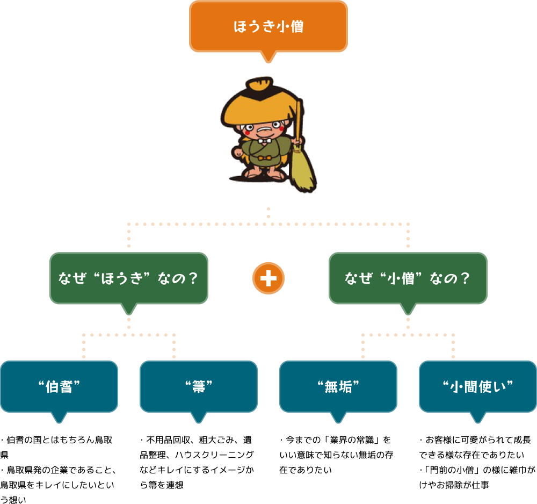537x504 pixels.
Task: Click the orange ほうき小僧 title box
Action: (268, 26)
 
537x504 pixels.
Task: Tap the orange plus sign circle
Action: (268, 278)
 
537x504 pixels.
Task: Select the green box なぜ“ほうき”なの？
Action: (129, 278)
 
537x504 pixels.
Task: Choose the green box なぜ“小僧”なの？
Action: (408, 278)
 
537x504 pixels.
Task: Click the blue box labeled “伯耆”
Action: (59, 386)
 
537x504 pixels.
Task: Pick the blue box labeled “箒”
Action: (199, 386)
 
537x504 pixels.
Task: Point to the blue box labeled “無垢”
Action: (338, 386)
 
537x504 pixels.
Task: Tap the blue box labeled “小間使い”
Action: (478, 386)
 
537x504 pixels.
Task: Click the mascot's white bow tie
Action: (264, 141)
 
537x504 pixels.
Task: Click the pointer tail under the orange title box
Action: (268, 56)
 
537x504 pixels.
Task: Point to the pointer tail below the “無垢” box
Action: (338, 417)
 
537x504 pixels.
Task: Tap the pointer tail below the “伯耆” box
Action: (59, 417)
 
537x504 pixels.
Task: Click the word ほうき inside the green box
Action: (124, 278)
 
